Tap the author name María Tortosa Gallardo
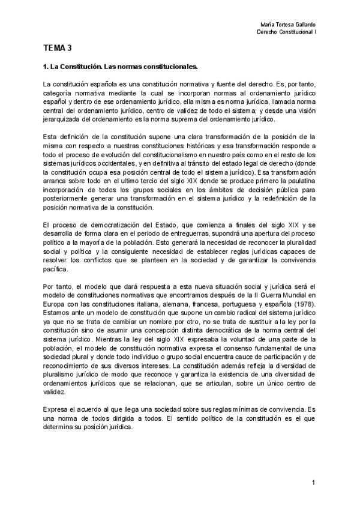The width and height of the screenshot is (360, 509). click(290, 23)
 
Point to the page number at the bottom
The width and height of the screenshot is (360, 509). click(314, 483)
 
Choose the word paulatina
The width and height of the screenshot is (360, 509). click(298, 185)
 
